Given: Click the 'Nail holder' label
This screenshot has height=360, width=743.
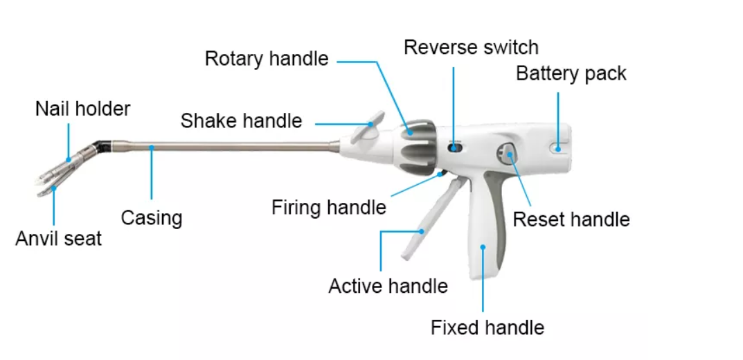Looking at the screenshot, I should click(x=82, y=109).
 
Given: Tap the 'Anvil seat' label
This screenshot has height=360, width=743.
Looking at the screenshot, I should click(x=59, y=239).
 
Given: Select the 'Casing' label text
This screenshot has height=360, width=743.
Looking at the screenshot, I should click(x=151, y=218).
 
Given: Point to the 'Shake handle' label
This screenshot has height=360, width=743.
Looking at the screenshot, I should click(x=241, y=121).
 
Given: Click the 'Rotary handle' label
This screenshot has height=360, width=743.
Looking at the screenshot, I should click(x=266, y=59).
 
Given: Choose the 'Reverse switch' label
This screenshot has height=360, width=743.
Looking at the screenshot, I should click(x=471, y=47).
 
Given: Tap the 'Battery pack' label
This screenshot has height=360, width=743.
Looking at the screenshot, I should click(x=571, y=73).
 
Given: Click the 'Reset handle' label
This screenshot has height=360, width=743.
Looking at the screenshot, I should click(x=571, y=219).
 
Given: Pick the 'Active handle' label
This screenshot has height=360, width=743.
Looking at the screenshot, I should click(x=388, y=286).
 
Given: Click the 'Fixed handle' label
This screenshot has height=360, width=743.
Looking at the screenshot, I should click(x=487, y=327).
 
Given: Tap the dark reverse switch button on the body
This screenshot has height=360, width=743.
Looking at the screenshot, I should click(x=454, y=147).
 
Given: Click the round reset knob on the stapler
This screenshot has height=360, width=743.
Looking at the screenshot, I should click(x=507, y=153).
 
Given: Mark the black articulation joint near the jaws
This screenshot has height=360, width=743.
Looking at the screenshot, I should click(x=102, y=146).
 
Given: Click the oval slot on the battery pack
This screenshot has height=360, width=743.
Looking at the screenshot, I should click(x=559, y=146).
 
